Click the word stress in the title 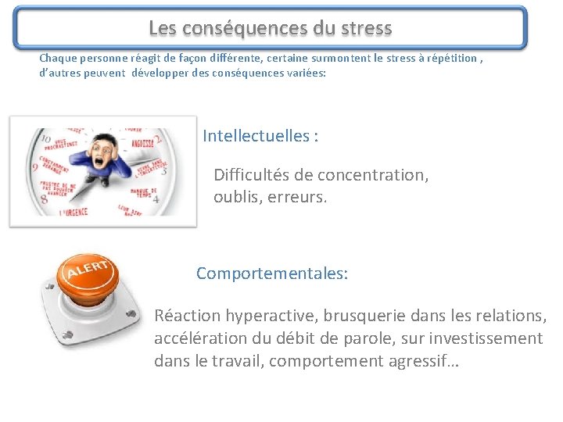pyautogui.click(x=364, y=29)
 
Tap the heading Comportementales pyautogui.click(x=271, y=274)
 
